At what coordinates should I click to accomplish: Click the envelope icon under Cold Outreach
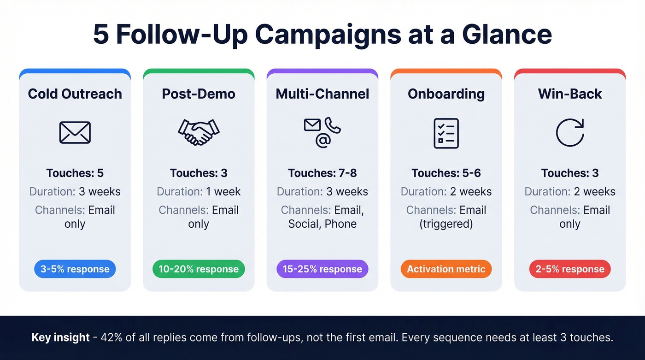tap(75, 132)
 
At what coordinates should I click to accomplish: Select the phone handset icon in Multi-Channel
tap(332, 125)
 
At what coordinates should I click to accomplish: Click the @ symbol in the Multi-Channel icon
tap(322, 141)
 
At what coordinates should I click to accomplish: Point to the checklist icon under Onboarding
tap(446, 133)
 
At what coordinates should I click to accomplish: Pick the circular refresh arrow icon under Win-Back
tap(570, 133)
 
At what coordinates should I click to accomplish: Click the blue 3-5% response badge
tap(75, 269)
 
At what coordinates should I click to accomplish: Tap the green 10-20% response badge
tap(199, 269)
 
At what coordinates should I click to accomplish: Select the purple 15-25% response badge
tap(322, 269)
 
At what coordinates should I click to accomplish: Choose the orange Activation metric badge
tap(446, 269)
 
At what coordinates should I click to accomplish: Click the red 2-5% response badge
tap(570, 269)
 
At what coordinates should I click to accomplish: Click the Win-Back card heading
tap(570, 94)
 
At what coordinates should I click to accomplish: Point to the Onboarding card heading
tap(446, 94)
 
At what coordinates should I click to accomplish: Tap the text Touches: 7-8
tap(322, 173)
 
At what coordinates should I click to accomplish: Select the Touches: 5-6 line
tap(446, 173)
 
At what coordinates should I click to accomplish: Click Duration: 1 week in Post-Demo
tap(199, 192)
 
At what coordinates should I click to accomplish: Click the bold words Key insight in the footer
tap(60, 337)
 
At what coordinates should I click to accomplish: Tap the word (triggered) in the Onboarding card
tap(446, 224)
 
